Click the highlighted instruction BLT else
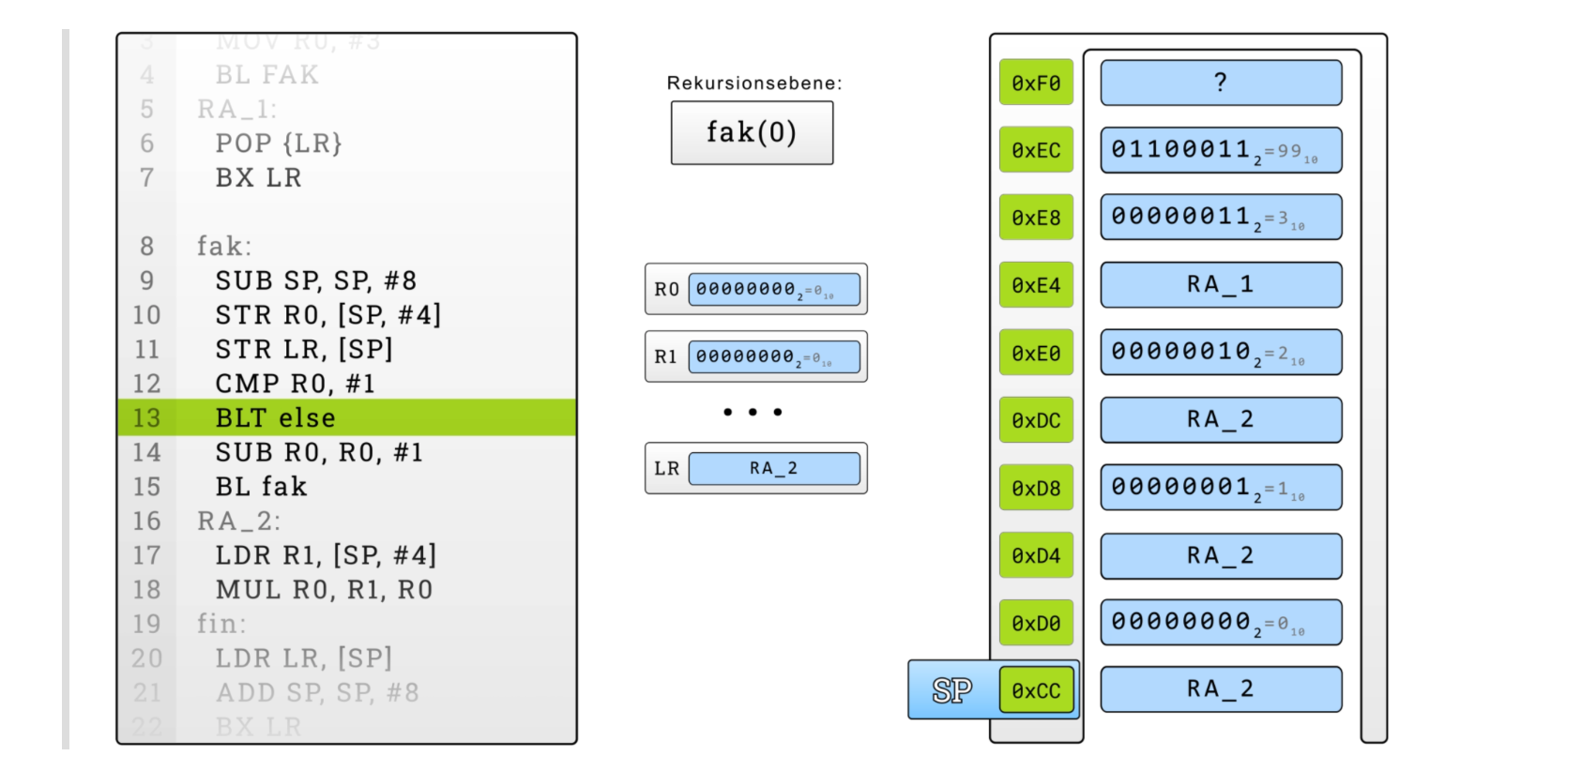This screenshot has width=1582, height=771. click(275, 417)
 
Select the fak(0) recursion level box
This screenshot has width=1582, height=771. click(752, 133)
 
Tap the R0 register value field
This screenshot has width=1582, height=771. click(774, 290)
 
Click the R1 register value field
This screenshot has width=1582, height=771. click(774, 357)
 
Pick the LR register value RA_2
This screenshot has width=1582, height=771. click(774, 469)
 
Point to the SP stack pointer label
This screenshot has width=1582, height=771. click(951, 691)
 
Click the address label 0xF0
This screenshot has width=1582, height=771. click(1036, 83)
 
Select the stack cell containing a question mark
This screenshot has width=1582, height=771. click(1221, 83)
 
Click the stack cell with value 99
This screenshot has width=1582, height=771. click(1221, 150)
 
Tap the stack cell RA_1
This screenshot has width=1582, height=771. click(1221, 285)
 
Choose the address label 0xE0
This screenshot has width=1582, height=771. click(1036, 354)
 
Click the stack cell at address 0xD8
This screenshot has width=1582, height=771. click(1221, 488)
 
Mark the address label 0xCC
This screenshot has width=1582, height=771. click(1036, 691)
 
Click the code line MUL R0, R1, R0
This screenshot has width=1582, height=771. click(324, 590)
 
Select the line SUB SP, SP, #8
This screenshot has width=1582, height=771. click(315, 280)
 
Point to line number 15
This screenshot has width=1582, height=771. click(146, 487)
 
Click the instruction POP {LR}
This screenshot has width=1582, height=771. click(279, 144)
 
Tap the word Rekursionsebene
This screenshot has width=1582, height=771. click(753, 83)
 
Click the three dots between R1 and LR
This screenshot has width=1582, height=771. click(753, 412)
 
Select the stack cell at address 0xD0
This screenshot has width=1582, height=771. click(1221, 623)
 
